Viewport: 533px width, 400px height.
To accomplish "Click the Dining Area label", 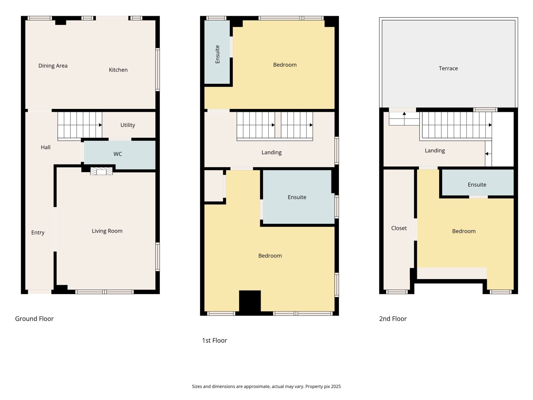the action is click(x=53, y=66).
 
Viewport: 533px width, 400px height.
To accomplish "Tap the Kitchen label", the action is click(x=118, y=70).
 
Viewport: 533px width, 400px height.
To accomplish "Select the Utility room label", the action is click(x=128, y=125).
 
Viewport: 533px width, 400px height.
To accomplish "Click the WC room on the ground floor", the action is click(x=120, y=155).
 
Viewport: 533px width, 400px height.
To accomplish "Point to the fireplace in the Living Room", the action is click(x=101, y=171).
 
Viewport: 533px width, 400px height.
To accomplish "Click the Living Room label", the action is click(x=107, y=231).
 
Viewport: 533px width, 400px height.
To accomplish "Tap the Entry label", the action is click(x=38, y=233).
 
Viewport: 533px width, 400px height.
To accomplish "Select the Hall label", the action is click(x=46, y=147).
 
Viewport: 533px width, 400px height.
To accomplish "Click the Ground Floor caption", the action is click(x=34, y=319).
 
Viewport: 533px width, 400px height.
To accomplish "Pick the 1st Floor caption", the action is click(x=214, y=340).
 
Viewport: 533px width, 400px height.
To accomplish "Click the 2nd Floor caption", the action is click(x=393, y=319).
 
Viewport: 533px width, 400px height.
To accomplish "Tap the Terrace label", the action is click(x=448, y=68).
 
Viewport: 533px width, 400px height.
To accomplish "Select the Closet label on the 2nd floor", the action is click(x=399, y=228).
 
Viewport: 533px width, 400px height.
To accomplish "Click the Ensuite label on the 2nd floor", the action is click(x=477, y=185).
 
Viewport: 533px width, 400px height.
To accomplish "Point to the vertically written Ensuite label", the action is click(x=217, y=54).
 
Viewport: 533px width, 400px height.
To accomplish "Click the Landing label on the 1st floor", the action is click(x=271, y=152).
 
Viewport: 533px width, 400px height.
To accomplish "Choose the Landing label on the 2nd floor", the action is click(x=435, y=151).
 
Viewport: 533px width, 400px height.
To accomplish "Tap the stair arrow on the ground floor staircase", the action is click(x=100, y=125).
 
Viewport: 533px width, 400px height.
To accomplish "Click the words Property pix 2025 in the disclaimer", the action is click(x=323, y=386).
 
